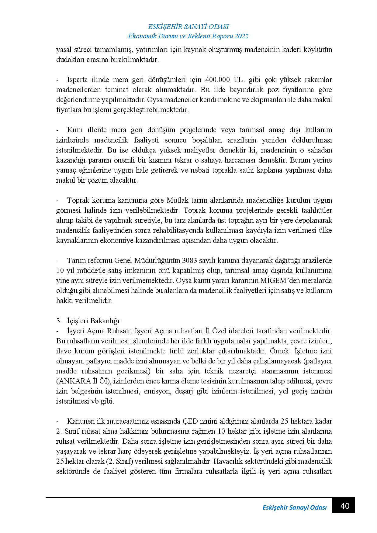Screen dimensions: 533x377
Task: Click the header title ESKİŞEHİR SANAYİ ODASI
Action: pos(188,26)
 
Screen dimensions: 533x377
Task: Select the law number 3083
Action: pos(190,260)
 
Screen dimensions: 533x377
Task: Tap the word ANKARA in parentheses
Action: pos(74,381)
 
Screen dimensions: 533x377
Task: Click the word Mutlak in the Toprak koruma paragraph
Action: pos(177,200)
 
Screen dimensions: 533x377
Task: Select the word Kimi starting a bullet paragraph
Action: pos(74,130)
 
